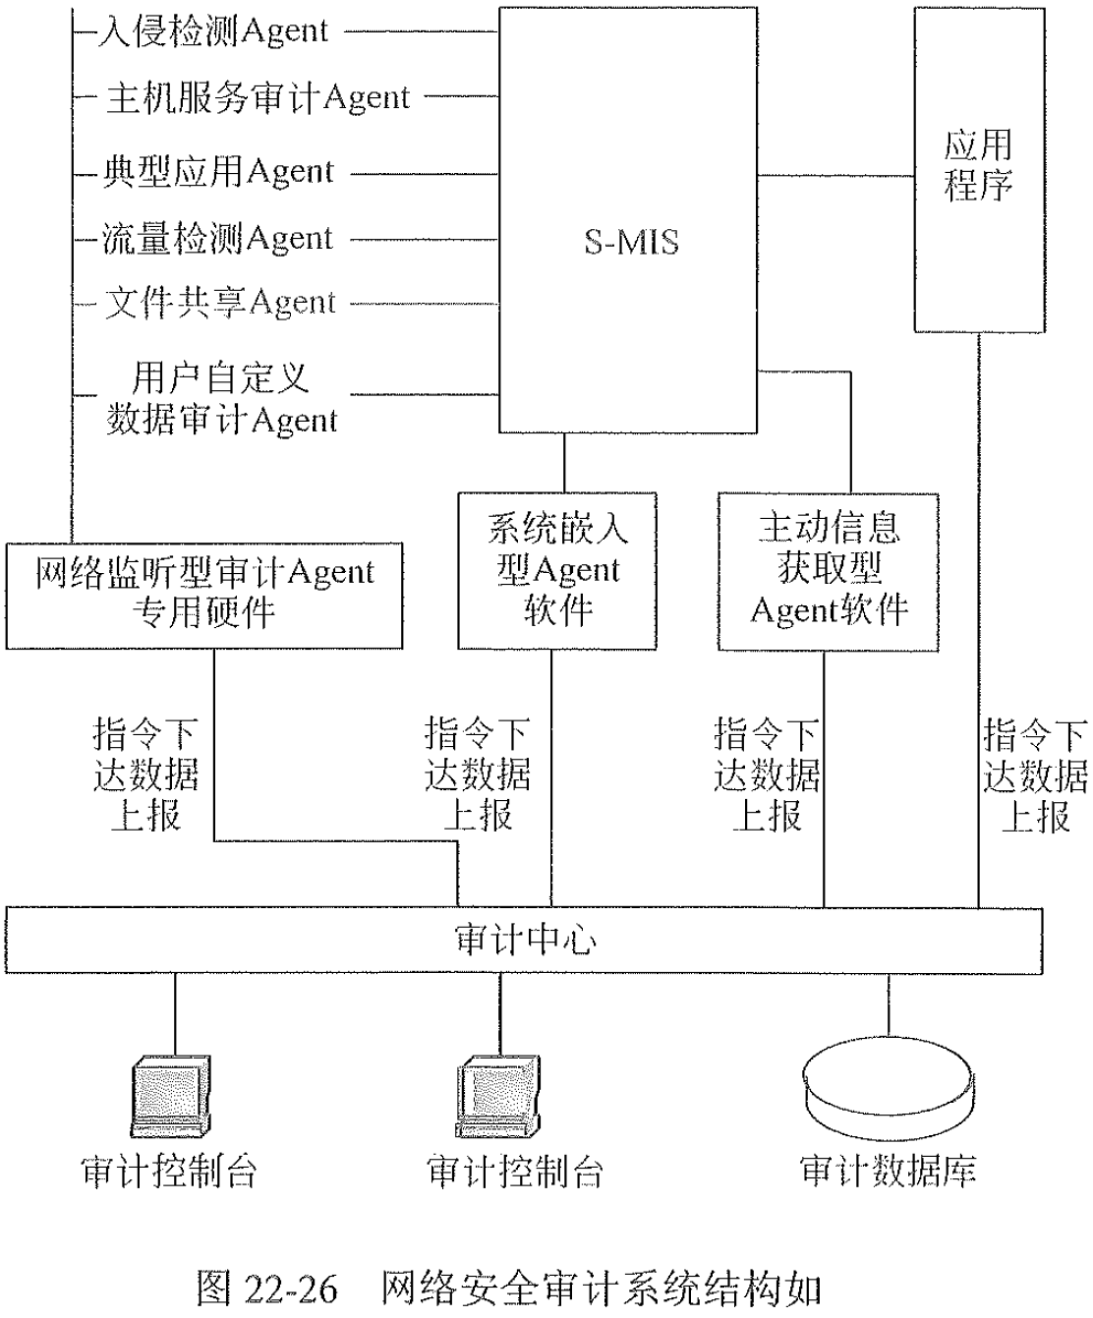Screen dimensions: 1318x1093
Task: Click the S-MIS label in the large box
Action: [x=631, y=242]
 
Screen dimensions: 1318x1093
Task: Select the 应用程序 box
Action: [x=979, y=169]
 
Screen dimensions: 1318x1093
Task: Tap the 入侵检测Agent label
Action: [x=213, y=31]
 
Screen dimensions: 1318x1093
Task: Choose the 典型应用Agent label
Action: [x=218, y=173]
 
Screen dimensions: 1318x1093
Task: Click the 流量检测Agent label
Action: [x=218, y=239]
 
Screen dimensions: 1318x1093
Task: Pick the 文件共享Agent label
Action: [x=220, y=303]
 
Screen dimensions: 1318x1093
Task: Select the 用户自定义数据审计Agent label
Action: [x=221, y=399]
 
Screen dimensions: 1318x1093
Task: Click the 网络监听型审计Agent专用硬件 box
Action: [x=204, y=594]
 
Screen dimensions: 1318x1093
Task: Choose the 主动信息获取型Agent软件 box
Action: [x=829, y=570]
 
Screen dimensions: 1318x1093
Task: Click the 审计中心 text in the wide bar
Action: [x=525, y=940]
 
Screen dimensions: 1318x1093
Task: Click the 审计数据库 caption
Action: [x=889, y=1171]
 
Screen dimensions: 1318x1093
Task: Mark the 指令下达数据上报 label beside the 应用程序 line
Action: [x=1036, y=776]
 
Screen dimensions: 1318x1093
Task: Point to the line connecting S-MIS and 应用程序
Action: [x=835, y=177]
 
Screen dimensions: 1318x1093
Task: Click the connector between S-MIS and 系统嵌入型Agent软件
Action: [x=563, y=463]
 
